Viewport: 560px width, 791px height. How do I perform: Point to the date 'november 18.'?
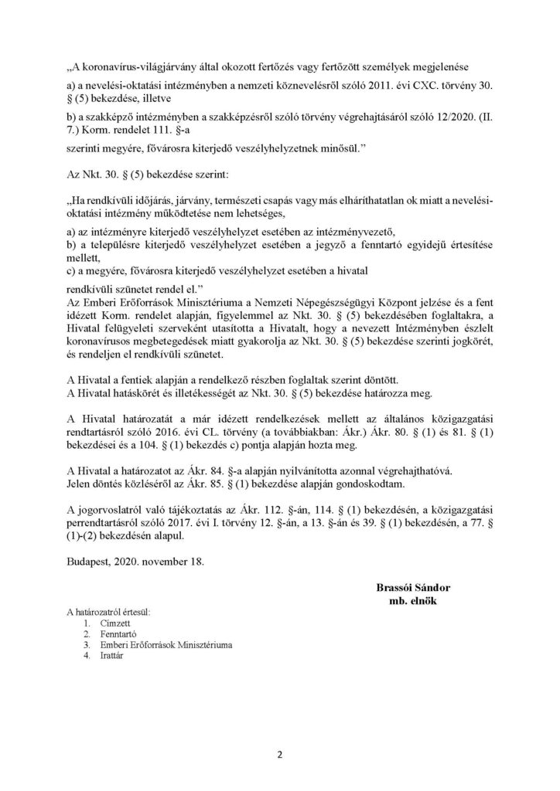point(176,562)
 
